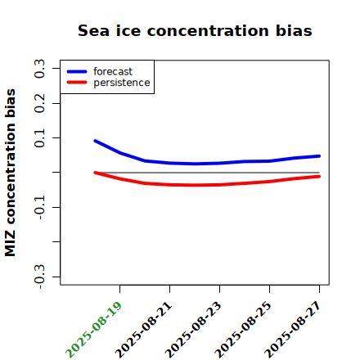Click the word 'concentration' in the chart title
[x=208, y=30]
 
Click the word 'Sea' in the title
[x=93, y=30]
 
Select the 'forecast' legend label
[x=113, y=71]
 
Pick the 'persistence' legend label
[x=122, y=83]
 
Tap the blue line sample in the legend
[x=77, y=71]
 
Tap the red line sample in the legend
[x=77, y=83]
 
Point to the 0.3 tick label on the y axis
[x=39, y=69]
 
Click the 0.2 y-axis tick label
[x=39, y=103]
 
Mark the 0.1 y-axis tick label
[x=39, y=138]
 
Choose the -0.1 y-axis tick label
[x=39, y=208]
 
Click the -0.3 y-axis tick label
[x=39, y=277]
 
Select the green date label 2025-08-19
[x=93, y=330]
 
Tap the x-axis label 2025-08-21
[x=143, y=330]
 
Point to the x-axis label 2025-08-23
[x=193, y=330]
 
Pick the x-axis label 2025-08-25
[x=243, y=330]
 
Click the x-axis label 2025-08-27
[x=293, y=330]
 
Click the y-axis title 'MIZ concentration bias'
[x=10, y=173]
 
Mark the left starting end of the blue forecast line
[x=95, y=141]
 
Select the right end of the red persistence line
[x=319, y=177]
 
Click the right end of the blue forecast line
[x=319, y=156]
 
